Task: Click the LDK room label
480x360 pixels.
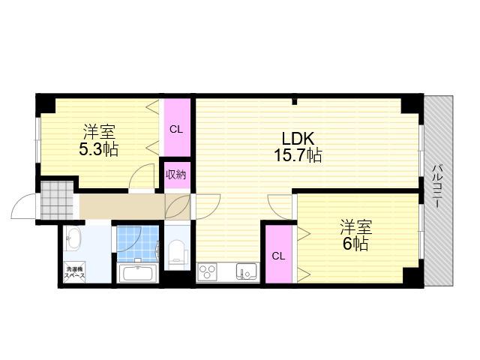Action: tap(298, 139)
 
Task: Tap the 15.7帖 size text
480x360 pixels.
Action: tap(298, 155)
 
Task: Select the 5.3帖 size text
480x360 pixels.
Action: tap(98, 149)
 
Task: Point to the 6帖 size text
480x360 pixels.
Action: tap(355, 244)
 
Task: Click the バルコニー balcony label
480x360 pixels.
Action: tap(436, 186)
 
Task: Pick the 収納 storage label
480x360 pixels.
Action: tap(176, 175)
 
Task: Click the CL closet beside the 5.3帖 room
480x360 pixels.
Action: tap(176, 129)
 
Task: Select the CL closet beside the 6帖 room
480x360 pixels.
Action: tap(278, 254)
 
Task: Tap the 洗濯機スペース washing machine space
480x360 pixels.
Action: tap(74, 273)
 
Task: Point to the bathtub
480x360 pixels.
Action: tap(137, 273)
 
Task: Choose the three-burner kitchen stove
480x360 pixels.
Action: tap(208, 271)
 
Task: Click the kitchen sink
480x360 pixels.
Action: tap(246, 271)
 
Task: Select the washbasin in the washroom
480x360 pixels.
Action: tap(72, 238)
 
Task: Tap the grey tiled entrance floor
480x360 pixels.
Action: tap(57, 200)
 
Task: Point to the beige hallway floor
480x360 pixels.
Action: tap(122, 206)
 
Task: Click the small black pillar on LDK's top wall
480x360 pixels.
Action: tap(294, 101)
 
